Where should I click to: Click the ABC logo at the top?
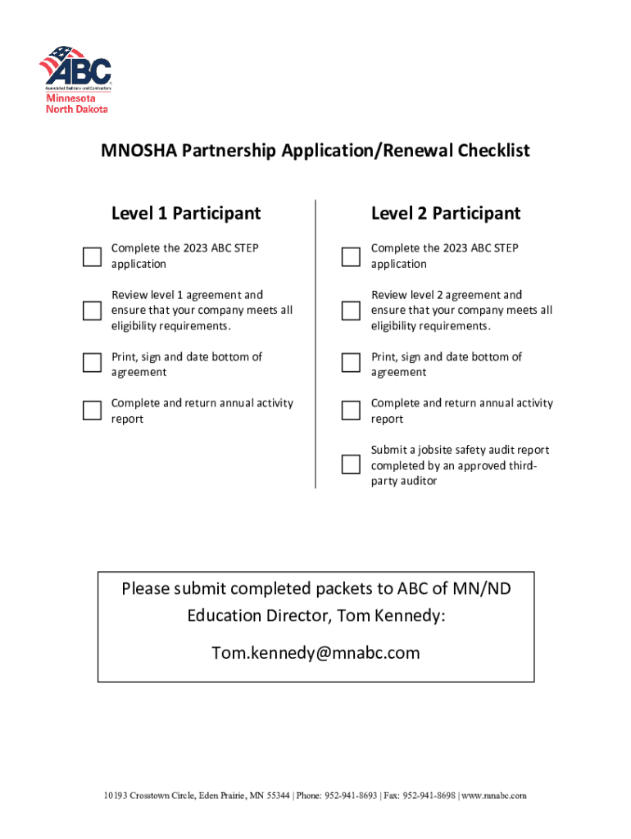pyautogui.click(x=75, y=67)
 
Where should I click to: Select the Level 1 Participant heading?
pyautogui.click(x=186, y=213)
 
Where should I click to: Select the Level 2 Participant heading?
pyautogui.click(x=446, y=213)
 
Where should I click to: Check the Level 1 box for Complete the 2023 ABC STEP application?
pyautogui.click(x=92, y=256)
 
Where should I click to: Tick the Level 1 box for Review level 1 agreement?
pyautogui.click(x=92, y=311)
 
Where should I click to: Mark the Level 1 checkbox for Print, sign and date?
pyautogui.click(x=92, y=363)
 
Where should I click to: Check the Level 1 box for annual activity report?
pyautogui.click(x=92, y=410)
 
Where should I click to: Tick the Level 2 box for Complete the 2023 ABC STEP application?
pyautogui.click(x=351, y=256)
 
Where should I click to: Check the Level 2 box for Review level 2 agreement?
pyautogui.click(x=351, y=311)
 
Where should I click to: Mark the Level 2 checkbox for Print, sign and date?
pyautogui.click(x=351, y=363)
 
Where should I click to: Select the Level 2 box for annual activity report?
pyautogui.click(x=351, y=410)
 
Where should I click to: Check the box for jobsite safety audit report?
pyautogui.click(x=351, y=465)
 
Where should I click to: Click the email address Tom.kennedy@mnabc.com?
pyautogui.click(x=315, y=652)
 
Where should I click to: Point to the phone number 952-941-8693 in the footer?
pyautogui.click(x=352, y=796)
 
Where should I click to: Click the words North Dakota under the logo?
pyautogui.click(x=76, y=109)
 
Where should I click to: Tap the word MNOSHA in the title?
pyautogui.click(x=138, y=151)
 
